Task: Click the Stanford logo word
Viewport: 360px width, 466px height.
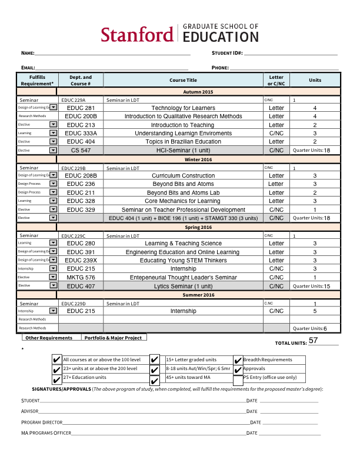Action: point(136,35)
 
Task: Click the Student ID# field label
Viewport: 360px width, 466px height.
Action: point(227,54)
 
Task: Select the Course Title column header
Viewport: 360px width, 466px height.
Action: point(183,80)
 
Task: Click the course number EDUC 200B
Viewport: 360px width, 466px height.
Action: point(81,116)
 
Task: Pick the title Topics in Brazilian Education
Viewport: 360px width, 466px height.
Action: point(183,142)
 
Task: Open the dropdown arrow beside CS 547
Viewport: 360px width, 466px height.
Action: point(53,151)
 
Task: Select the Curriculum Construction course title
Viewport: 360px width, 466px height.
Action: point(183,176)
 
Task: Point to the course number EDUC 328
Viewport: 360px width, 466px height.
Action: point(81,201)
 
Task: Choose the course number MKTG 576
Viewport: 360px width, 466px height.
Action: point(81,277)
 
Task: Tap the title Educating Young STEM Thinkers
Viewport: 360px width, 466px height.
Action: point(183,261)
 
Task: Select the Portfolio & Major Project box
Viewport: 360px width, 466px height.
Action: point(113,338)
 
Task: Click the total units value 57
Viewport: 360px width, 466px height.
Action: point(314,341)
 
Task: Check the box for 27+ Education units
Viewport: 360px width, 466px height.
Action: point(56,378)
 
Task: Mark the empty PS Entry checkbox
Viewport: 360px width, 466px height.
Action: point(238,378)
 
